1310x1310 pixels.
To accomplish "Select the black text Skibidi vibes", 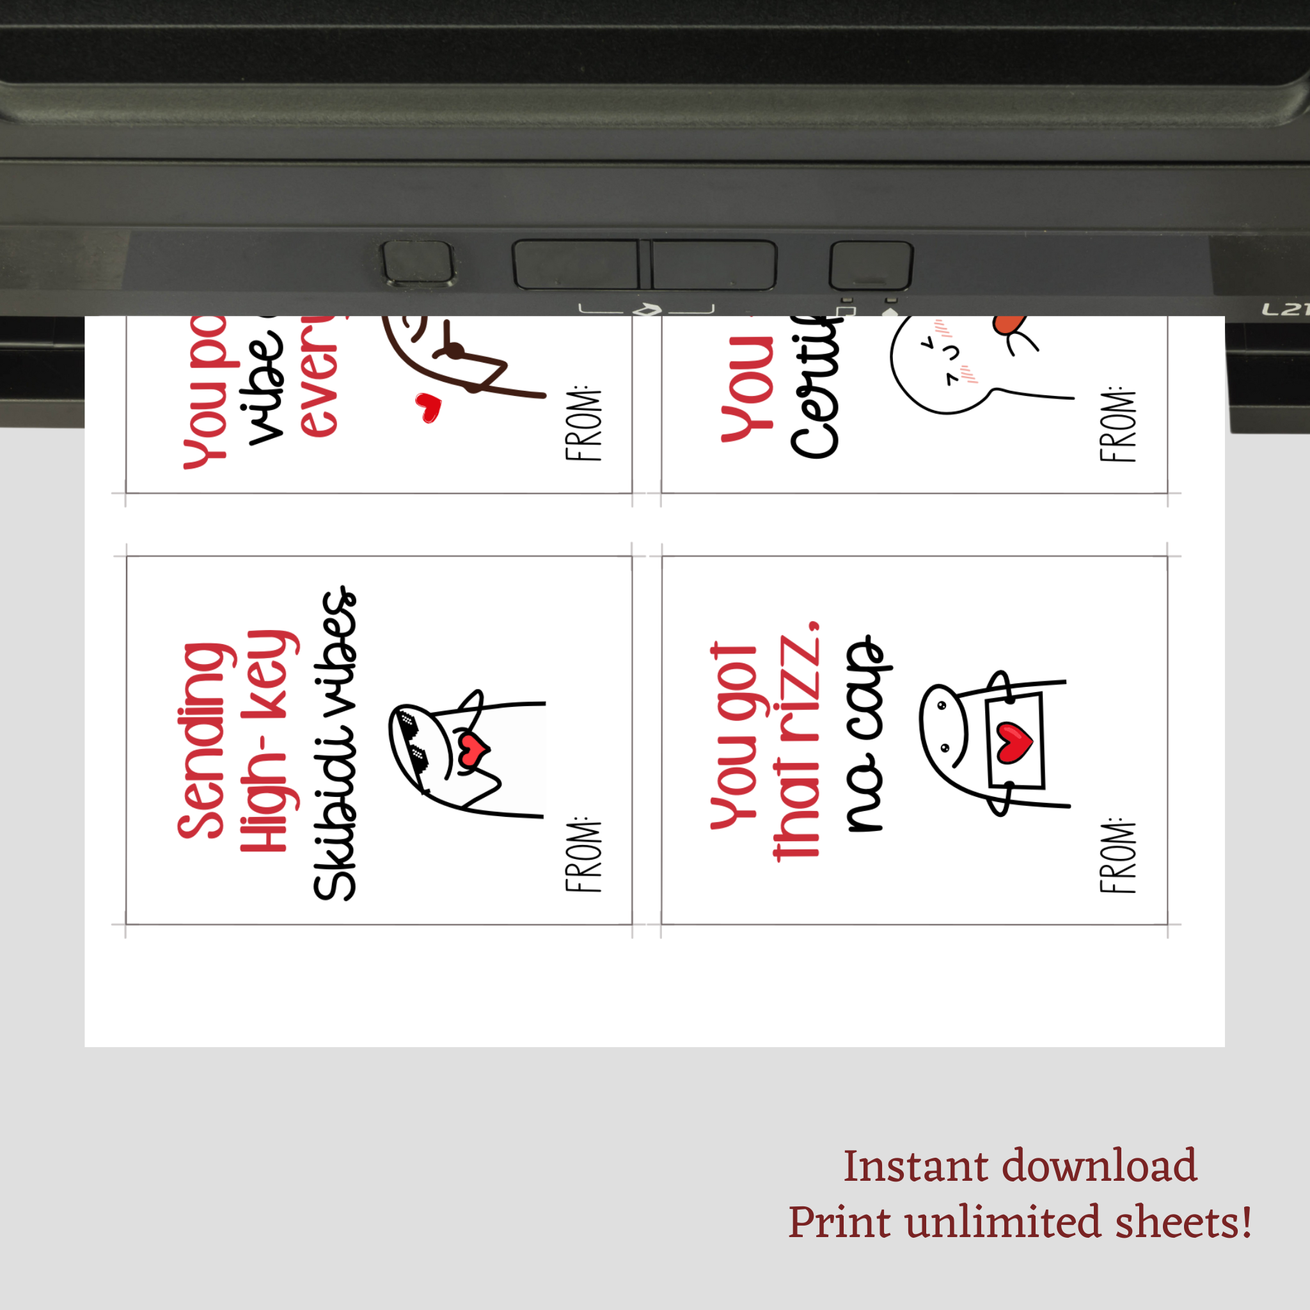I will tap(334, 744).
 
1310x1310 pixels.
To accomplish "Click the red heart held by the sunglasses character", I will tap(474, 748).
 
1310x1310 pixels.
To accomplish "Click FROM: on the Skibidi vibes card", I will tap(583, 857).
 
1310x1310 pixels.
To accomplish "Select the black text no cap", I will tap(865, 733).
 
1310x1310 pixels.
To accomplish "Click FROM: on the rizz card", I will tap(1117, 857).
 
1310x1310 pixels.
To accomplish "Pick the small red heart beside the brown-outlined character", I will tap(429, 407).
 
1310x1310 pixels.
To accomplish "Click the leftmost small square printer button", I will tap(418, 262).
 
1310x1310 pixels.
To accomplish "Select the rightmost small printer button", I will tap(871, 264).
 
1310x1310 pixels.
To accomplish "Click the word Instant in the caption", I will tap(915, 1167).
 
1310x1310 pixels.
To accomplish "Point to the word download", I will tap(1099, 1167).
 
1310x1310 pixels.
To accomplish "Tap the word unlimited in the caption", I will tap(1003, 1222).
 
